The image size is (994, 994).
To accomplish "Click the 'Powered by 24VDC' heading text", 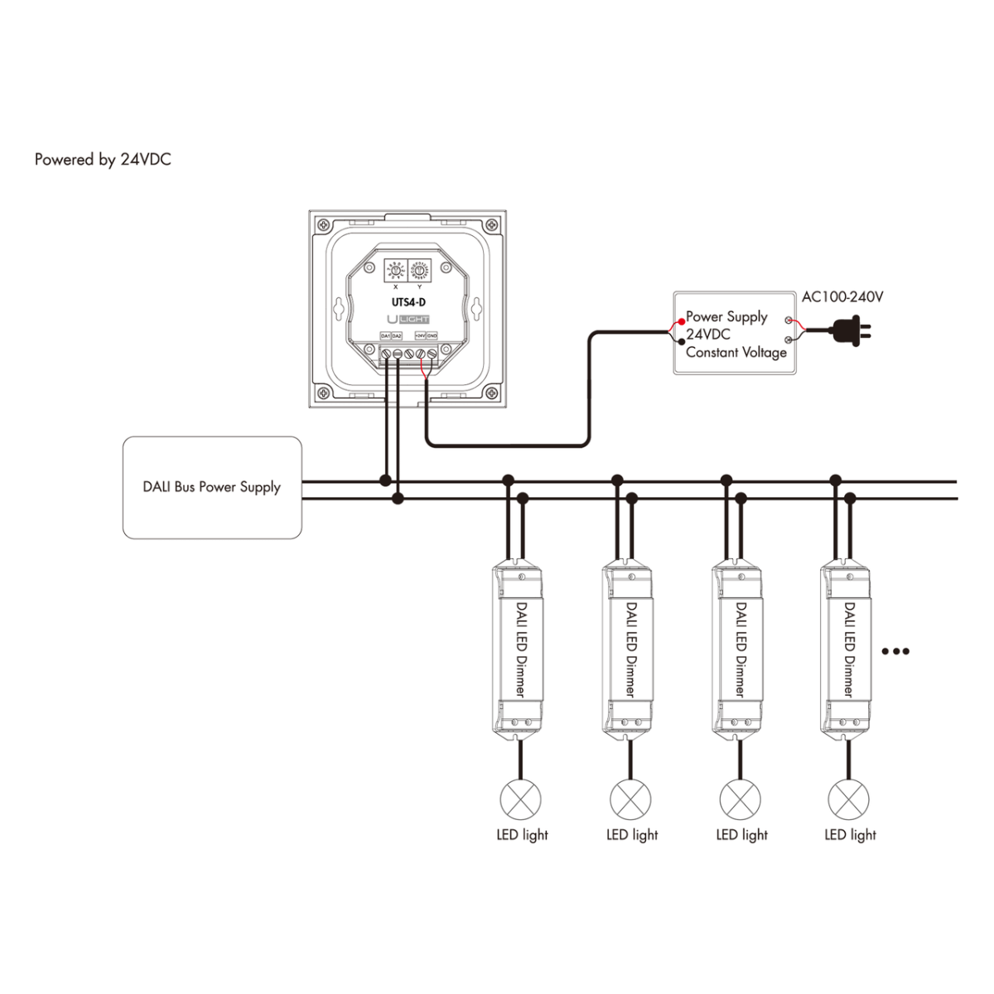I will [103, 160].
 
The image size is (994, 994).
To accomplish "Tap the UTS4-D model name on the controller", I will [408, 302].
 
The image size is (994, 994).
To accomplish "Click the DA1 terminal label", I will [385, 335].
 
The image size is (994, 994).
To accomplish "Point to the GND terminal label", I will [432, 335].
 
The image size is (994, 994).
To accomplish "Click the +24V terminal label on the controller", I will [420, 335].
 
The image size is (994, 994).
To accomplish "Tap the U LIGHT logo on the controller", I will [408, 319].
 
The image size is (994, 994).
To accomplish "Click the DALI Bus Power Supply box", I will [212, 488].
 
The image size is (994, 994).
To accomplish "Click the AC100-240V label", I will [842, 297].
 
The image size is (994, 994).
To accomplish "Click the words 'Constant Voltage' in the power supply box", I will [736, 352].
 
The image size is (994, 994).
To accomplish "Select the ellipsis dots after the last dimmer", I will [895, 651].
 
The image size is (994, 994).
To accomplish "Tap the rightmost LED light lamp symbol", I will [848, 800].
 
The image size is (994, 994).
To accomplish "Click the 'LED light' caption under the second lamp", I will [632, 835].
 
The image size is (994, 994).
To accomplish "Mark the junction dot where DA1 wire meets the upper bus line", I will [385, 480].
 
